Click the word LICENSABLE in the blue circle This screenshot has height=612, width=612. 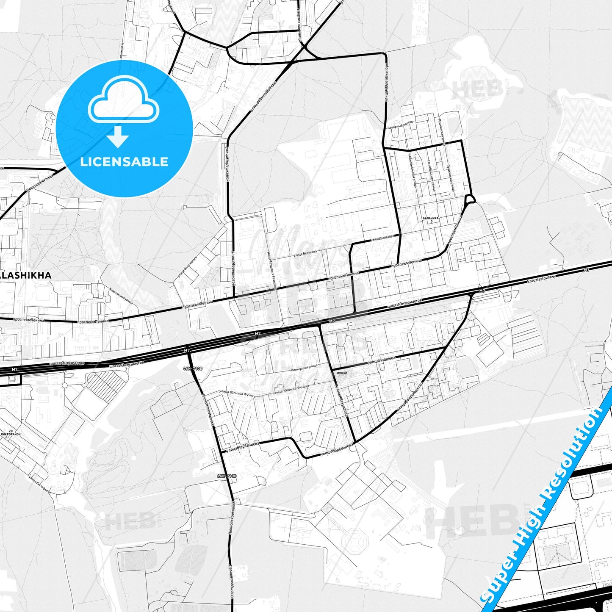[x=124, y=162]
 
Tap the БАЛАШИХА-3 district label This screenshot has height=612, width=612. [x=431, y=219]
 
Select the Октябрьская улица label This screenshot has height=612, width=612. [x=431, y=176]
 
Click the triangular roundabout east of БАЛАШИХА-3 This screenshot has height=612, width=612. [x=469, y=199]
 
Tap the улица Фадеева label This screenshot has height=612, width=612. [x=381, y=360]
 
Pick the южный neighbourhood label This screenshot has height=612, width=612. [x=342, y=373]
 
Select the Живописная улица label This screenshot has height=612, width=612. [x=121, y=296]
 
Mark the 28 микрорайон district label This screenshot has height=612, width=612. [x=10, y=432]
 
